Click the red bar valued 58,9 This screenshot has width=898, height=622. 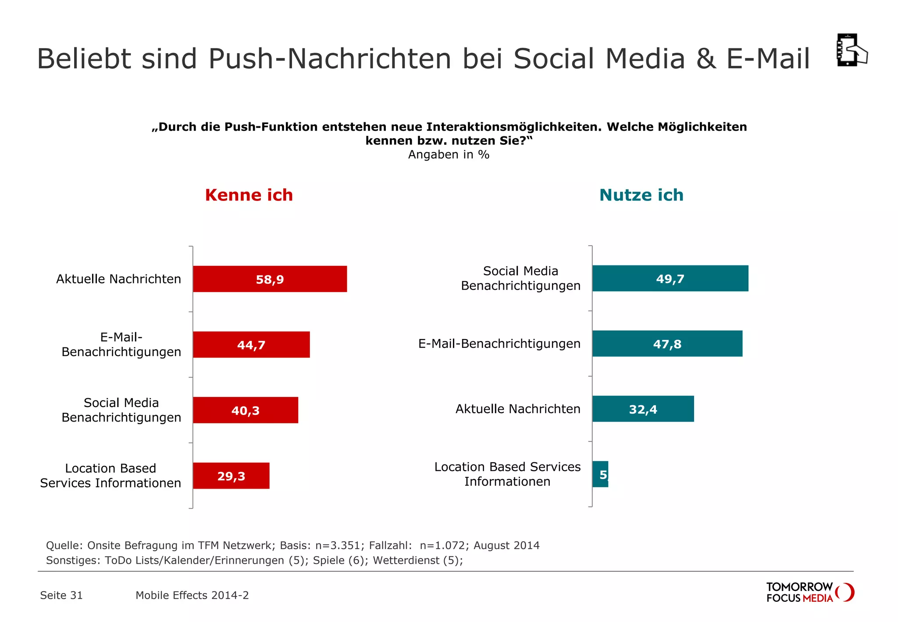[x=270, y=279]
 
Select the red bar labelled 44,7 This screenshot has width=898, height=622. [x=251, y=345]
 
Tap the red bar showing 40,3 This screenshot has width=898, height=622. [x=246, y=410]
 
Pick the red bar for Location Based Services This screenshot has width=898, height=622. [x=231, y=476]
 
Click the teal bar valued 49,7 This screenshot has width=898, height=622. [x=670, y=279]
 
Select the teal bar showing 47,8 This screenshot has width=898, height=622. [x=667, y=344]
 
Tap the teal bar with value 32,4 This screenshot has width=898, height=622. [x=643, y=409]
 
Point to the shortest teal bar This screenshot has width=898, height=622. [x=600, y=474]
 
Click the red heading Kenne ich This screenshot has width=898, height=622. [x=249, y=195]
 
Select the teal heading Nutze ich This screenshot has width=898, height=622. [x=641, y=195]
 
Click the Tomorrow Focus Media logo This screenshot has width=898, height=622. [x=809, y=593]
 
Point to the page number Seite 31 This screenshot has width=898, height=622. [x=61, y=595]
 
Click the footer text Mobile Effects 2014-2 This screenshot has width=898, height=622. [x=192, y=595]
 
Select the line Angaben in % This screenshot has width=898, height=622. [x=449, y=155]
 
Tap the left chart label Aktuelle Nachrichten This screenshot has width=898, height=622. [x=118, y=279]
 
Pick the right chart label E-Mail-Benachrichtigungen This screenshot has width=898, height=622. [x=499, y=343]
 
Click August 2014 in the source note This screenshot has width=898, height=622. [x=506, y=545]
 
